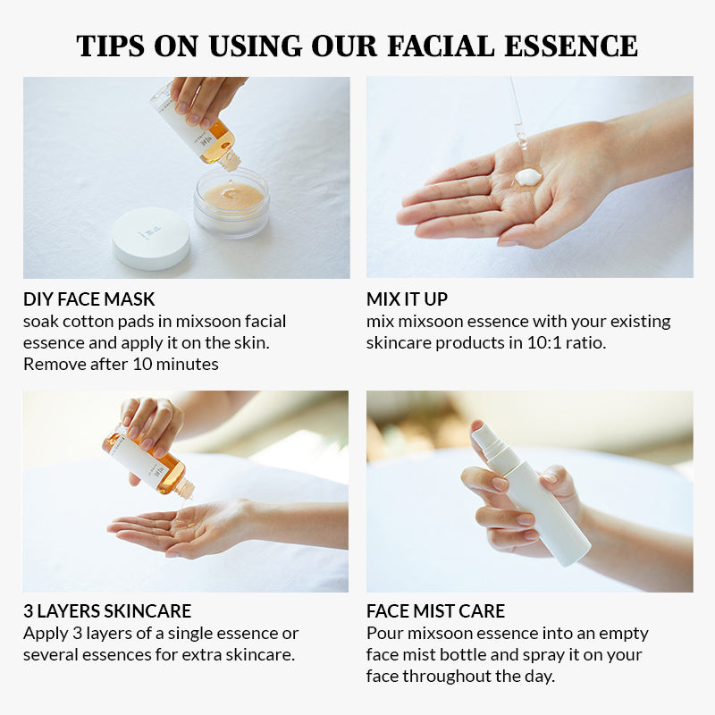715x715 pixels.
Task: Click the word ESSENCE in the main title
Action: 571,46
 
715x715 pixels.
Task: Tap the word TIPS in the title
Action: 110,46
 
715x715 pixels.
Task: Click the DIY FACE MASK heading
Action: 88,299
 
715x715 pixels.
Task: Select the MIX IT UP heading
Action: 407,299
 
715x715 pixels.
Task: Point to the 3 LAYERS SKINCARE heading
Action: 107,611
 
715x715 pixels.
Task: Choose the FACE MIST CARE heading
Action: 435,611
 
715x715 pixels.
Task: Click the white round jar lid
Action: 151,238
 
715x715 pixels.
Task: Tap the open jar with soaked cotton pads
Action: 231,202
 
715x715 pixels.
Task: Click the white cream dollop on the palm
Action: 528,176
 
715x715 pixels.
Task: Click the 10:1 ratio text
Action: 567,343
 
